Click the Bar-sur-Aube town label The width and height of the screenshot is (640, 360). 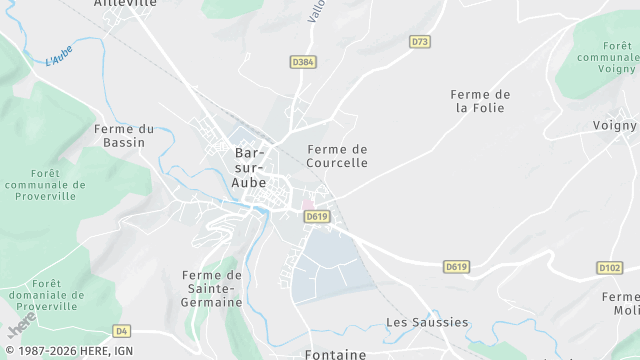point(250,167)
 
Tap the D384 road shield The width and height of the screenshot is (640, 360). point(303,62)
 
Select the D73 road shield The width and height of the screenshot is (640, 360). point(420,41)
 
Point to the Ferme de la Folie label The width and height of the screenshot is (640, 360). point(482,101)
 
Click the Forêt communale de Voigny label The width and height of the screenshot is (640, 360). point(608,58)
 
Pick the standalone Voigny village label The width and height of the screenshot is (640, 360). point(614,126)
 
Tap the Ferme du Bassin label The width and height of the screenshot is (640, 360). point(125,135)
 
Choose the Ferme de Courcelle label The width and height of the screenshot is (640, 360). point(337,156)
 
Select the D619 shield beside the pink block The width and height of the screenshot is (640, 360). point(317,216)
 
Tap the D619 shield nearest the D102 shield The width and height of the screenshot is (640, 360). point(457,266)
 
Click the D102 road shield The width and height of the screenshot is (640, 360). point(609,267)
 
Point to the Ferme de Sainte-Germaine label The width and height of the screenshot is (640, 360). point(212,288)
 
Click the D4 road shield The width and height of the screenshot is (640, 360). point(122,330)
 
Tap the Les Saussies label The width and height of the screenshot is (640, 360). point(427,322)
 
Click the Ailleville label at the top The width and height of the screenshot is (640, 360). point(125,4)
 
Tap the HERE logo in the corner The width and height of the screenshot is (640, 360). point(21,325)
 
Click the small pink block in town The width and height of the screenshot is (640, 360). point(308,204)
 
